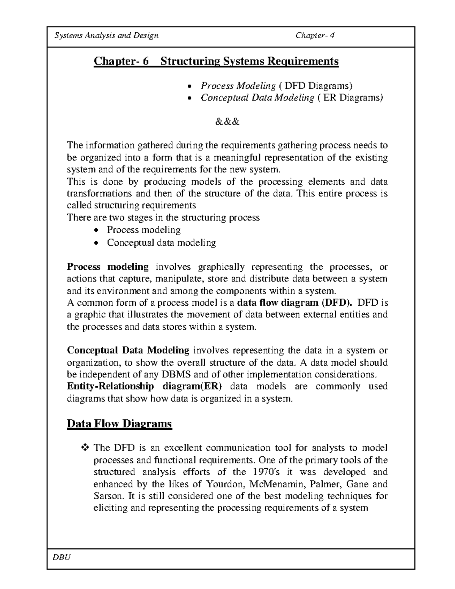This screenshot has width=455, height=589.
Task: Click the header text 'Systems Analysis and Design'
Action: [x=107, y=36]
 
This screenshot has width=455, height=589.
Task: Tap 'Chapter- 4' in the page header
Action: [x=315, y=36]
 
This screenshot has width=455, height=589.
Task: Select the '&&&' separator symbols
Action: [x=227, y=122]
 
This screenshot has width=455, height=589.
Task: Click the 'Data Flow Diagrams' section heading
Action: [x=119, y=423]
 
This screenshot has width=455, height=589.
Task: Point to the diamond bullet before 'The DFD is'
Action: [x=85, y=448]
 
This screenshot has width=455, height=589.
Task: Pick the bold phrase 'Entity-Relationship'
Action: [x=110, y=386]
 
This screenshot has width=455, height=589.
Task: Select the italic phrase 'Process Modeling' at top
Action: [x=238, y=86]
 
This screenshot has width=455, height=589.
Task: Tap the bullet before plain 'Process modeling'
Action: [x=97, y=231]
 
